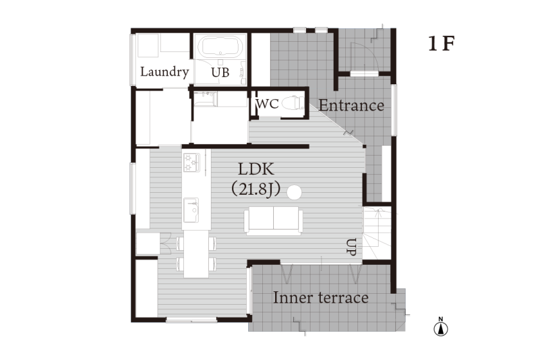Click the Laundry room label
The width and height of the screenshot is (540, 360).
(x=165, y=71)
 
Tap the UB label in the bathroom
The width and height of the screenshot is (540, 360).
(x=220, y=73)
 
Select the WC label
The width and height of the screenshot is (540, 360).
(x=267, y=104)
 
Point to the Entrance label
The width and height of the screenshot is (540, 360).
(x=351, y=105)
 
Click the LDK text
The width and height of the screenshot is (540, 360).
(x=256, y=169)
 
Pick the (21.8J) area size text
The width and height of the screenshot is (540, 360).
(x=256, y=189)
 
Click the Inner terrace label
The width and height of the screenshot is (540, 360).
(x=321, y=298)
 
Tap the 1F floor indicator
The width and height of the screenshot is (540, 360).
(x=442, y=44)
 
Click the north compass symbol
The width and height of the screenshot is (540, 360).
(x=441, y=327)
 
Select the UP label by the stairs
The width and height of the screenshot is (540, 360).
(x=351, y=247)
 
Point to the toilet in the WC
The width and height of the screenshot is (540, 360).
(x=293, y=103)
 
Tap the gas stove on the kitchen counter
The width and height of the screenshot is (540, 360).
(x=192, y=163)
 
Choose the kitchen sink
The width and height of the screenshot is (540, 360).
(x=191, y=210)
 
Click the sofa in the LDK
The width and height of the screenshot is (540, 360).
(x=273, y=221)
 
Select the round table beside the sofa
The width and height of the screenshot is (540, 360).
(x=294, y=192)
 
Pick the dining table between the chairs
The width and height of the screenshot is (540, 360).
(x=196, y=254)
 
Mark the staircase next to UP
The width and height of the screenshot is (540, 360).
(x=377, y=233)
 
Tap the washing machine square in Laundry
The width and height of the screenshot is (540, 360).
(x=148, y=45)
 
